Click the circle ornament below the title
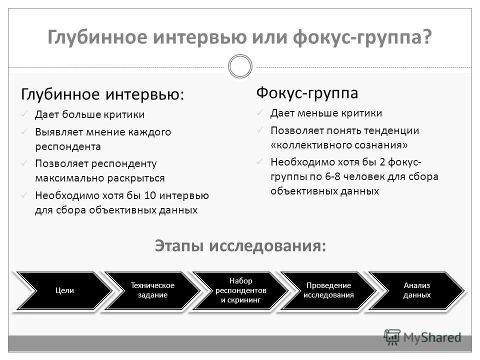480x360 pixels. tap(240, 66)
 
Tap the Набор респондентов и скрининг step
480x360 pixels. tap(240, 290)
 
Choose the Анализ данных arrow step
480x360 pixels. tap(416, 290)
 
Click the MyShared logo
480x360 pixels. tap(422, 337)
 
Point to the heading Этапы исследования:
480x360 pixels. tap(240, 246)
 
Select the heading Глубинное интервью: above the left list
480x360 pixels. tap(102, 94)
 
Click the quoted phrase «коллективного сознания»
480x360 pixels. tap(339, 145)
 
